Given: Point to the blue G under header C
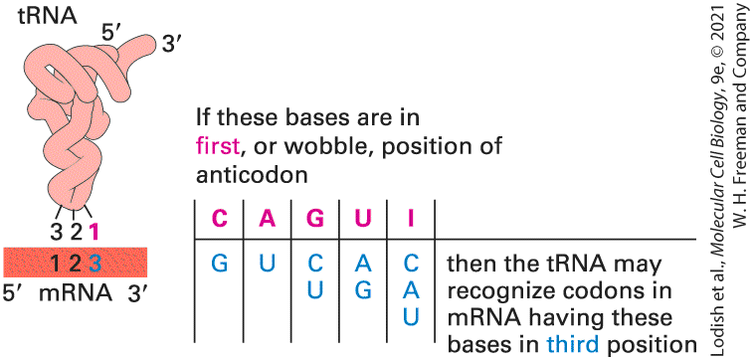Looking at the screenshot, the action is point(219,264).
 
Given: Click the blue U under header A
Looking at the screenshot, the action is point(267,264).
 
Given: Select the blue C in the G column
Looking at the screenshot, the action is point(314,264).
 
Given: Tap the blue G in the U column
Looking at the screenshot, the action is point(362,290).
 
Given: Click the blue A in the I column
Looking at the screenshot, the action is point(411,290).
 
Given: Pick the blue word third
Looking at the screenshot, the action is point(573,344).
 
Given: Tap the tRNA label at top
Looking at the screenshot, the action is point(48,16).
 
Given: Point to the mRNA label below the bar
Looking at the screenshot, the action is point(75,293).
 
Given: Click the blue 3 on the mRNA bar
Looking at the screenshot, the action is point(94,263).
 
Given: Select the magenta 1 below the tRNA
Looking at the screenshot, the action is point(94,233).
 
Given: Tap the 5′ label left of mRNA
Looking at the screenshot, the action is point(14,293).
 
